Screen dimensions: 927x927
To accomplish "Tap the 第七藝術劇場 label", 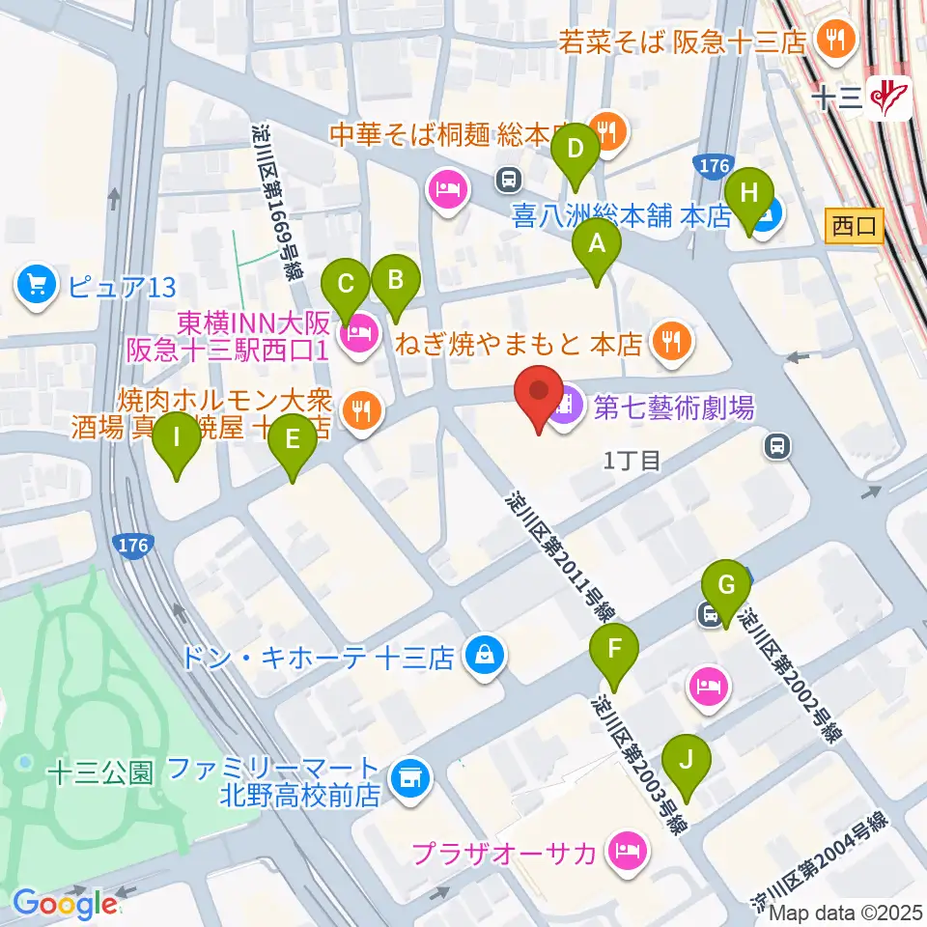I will [x=673, y=409].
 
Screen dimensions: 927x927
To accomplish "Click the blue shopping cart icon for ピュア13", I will [x=37, y=286].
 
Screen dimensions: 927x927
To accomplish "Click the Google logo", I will [x=65, y=904].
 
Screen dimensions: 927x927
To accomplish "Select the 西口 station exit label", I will [x=856, y=227].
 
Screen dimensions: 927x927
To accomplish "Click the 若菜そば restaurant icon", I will [x=829, y=41].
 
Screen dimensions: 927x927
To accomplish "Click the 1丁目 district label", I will [x=632, y=461].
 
